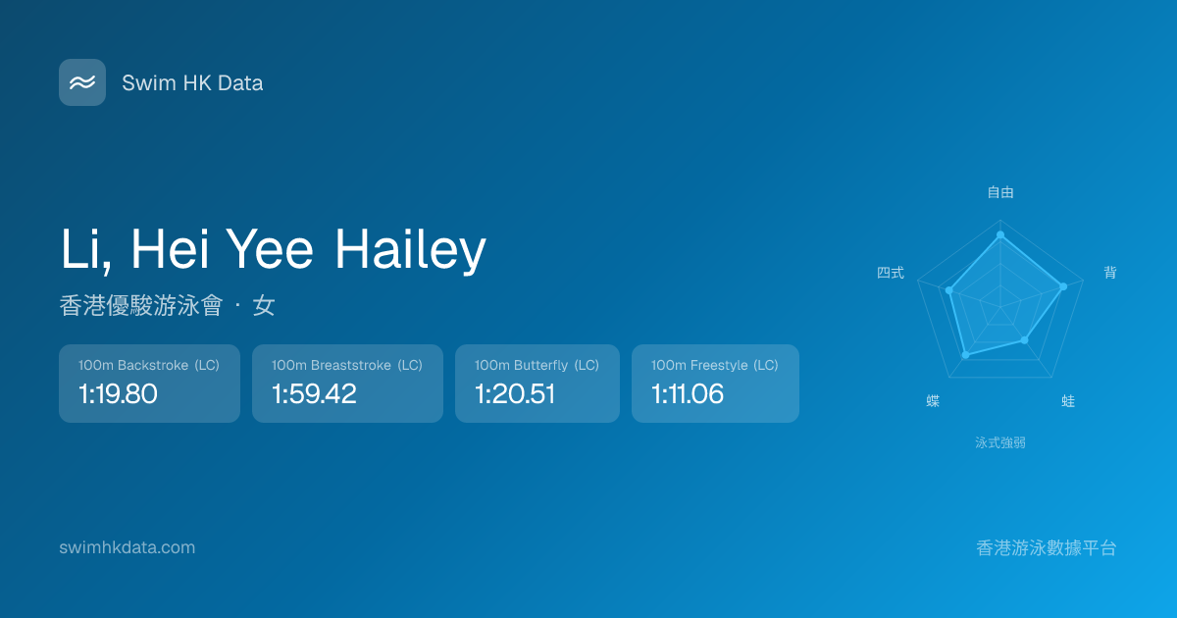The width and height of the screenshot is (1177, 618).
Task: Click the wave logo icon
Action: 82,82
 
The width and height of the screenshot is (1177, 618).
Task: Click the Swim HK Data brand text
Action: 192,83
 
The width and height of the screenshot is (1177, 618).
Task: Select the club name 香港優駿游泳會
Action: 141,305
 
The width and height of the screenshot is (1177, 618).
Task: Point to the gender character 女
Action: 264,305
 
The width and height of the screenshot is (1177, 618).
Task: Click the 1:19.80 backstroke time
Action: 118,393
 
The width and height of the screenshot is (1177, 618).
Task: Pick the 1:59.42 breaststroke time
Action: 314,393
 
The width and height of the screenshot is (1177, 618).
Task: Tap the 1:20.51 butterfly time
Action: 514,393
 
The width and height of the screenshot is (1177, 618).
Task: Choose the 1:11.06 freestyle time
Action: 688,393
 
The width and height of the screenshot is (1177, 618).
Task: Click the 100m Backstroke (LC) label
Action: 149,365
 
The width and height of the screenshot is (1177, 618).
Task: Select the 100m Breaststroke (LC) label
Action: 347,365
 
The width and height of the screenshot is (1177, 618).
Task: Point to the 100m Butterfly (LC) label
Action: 537,365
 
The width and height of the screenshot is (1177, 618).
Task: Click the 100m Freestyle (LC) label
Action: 715,365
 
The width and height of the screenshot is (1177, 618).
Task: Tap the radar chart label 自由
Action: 1000,192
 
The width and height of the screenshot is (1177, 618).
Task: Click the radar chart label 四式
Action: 891,273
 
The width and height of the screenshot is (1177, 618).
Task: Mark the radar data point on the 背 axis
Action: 1063,286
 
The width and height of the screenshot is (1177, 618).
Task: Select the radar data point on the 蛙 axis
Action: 1025,340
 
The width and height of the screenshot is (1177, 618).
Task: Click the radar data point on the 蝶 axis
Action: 965,355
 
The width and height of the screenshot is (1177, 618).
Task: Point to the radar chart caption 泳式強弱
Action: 1000,443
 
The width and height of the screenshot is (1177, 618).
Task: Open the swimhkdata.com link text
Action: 128,547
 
